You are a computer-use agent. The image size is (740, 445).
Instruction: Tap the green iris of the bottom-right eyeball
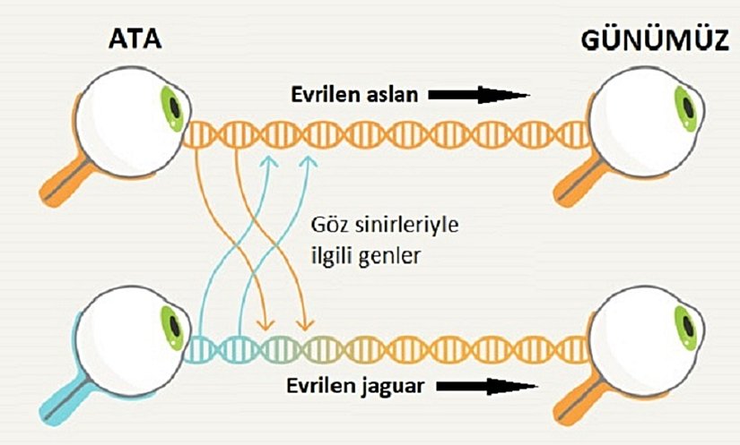pyautogui.click(x=685, y=326)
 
